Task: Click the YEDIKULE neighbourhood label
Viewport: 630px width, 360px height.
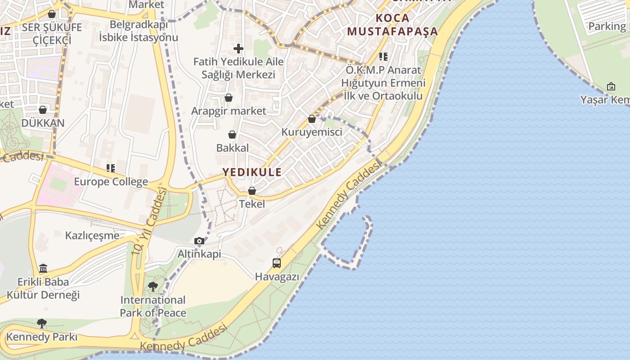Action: coord(252,172)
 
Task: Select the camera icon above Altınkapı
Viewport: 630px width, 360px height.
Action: coord(199,241)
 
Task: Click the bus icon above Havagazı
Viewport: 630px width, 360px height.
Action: coord(277,263)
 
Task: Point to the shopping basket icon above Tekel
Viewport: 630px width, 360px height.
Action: coord(252,191)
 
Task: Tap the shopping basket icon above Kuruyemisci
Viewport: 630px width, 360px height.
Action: coord(311,119)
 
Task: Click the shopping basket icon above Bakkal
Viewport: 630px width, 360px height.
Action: coord(232,135)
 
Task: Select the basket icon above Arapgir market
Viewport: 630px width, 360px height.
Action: coord(229,98)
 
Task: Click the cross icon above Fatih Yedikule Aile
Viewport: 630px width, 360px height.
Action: coord(238,48)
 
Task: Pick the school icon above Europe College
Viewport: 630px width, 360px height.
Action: coord(111,168)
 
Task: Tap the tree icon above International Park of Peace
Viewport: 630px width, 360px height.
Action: coord(153,286)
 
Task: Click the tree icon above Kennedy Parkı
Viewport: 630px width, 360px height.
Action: coord(42,323)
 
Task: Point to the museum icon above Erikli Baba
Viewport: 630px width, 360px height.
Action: coord(43,269)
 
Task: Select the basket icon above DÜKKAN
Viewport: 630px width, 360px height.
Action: coord(43,110)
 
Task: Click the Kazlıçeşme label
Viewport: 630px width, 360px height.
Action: coord(92,235)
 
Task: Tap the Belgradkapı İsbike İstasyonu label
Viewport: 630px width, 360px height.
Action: coord(139,31)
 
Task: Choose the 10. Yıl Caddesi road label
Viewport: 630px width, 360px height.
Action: coord(149,221)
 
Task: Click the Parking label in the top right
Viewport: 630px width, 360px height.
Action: coord(607,27)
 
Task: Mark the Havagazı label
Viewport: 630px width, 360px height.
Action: coord(277,277)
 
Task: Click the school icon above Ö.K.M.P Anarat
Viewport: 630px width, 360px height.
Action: coord(383,57)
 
